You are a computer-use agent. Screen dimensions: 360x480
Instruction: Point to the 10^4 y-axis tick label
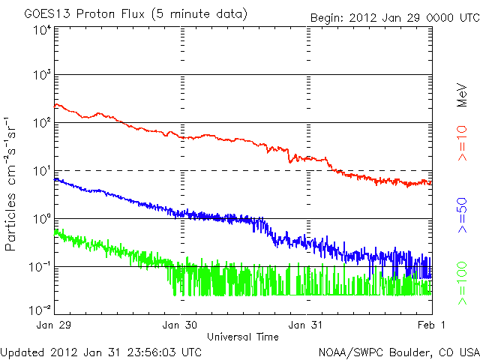41,30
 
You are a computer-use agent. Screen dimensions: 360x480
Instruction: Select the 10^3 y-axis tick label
41,74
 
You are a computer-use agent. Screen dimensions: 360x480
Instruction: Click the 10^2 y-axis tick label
41,121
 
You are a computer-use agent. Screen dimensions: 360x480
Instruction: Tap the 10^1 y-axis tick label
41,170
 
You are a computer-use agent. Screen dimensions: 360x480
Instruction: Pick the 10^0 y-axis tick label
41,218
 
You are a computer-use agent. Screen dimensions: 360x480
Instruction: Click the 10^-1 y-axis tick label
40,266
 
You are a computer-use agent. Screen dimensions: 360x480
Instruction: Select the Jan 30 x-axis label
181,325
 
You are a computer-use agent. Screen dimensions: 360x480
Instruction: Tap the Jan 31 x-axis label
307,325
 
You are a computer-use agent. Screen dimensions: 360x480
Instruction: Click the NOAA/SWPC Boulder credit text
398,352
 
